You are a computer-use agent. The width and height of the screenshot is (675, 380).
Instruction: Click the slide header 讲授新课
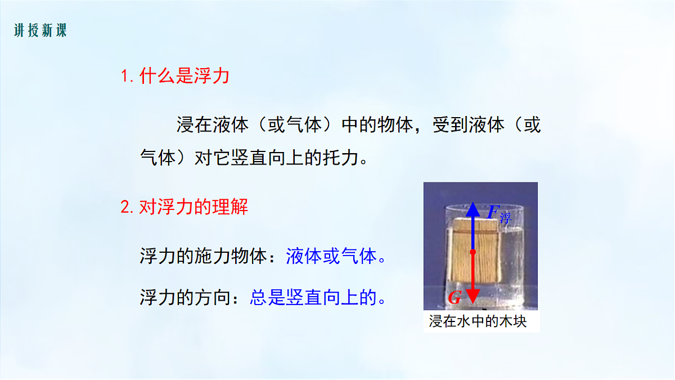coord(40,30)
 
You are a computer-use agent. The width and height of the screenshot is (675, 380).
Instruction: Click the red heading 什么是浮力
coord(184,76)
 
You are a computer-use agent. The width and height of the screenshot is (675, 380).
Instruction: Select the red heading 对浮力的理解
coord(193,207)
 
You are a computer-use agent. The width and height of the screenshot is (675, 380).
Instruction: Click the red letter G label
coord(454,298)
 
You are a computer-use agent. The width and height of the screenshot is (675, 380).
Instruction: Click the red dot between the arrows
coord(473,252)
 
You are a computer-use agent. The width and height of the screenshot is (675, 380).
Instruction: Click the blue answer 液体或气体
coord(331,257)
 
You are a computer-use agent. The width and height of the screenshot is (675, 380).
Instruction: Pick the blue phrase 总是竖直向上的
coord(313,297)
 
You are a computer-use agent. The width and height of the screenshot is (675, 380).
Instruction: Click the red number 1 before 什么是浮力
coord(124,77)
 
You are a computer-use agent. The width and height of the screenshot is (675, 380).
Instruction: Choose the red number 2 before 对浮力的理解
coord(125,208)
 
